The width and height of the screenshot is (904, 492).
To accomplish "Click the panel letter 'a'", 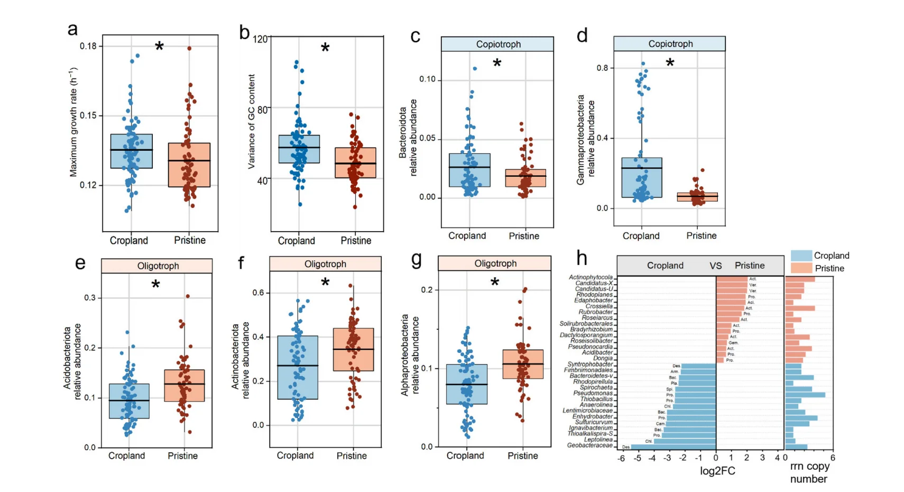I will point(72,30).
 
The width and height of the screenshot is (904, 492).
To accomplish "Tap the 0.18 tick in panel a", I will point(88,47).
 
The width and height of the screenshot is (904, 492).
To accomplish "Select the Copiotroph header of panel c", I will point(498,44).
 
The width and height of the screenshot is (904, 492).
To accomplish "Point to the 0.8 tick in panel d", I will point(602,68).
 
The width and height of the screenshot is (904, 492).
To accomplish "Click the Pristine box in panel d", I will point(697,197).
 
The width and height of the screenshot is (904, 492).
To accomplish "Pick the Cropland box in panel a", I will point(132,151).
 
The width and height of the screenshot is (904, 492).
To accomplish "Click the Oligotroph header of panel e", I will point(158,266).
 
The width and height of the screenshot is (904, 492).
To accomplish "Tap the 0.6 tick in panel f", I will point(258,293).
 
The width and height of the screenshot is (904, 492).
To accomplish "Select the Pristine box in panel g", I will point(523,364).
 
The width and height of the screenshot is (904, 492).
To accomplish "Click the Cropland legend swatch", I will point(801,256).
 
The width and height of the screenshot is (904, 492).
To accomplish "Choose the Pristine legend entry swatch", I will point(801,268).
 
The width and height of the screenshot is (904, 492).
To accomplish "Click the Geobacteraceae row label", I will point(589,445).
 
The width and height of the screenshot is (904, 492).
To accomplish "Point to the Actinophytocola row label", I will point(591,277).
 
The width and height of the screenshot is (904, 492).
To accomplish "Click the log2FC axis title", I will point(717,471).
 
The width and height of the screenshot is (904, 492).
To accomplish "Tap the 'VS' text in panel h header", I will point(715,266).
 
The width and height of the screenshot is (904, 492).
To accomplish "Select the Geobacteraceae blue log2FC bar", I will point(673,447).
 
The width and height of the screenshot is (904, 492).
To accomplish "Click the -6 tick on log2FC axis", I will point(622,458).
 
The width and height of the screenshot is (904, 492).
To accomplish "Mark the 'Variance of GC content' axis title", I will point(252,122).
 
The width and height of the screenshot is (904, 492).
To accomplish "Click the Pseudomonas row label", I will point(593,393).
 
